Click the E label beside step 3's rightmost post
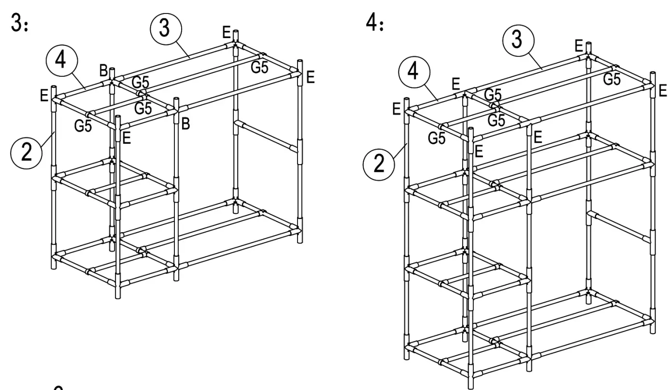311,78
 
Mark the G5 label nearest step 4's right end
613,79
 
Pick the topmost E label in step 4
578,46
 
